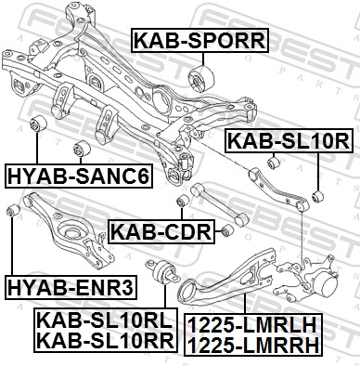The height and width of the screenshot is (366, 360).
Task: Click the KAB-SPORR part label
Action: (x=200, y=40)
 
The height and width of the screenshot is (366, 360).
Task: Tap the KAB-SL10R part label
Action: (x=289, y=140)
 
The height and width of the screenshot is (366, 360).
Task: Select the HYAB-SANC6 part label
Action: (x=79, y=176)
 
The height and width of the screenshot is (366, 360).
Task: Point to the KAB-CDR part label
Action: (x=161, y=231)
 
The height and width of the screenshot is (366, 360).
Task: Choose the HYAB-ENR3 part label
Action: (x=71, y=287)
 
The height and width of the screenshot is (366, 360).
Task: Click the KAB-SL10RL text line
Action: (x=104, y=320)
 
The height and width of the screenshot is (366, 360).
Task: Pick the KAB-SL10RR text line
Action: (x=106, y=341)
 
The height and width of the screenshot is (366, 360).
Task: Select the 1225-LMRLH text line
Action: (x=252, y=324)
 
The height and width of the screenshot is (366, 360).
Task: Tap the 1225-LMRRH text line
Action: (x=253, y=345)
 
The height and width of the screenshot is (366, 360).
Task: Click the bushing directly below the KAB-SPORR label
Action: (x=201, y=79)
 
